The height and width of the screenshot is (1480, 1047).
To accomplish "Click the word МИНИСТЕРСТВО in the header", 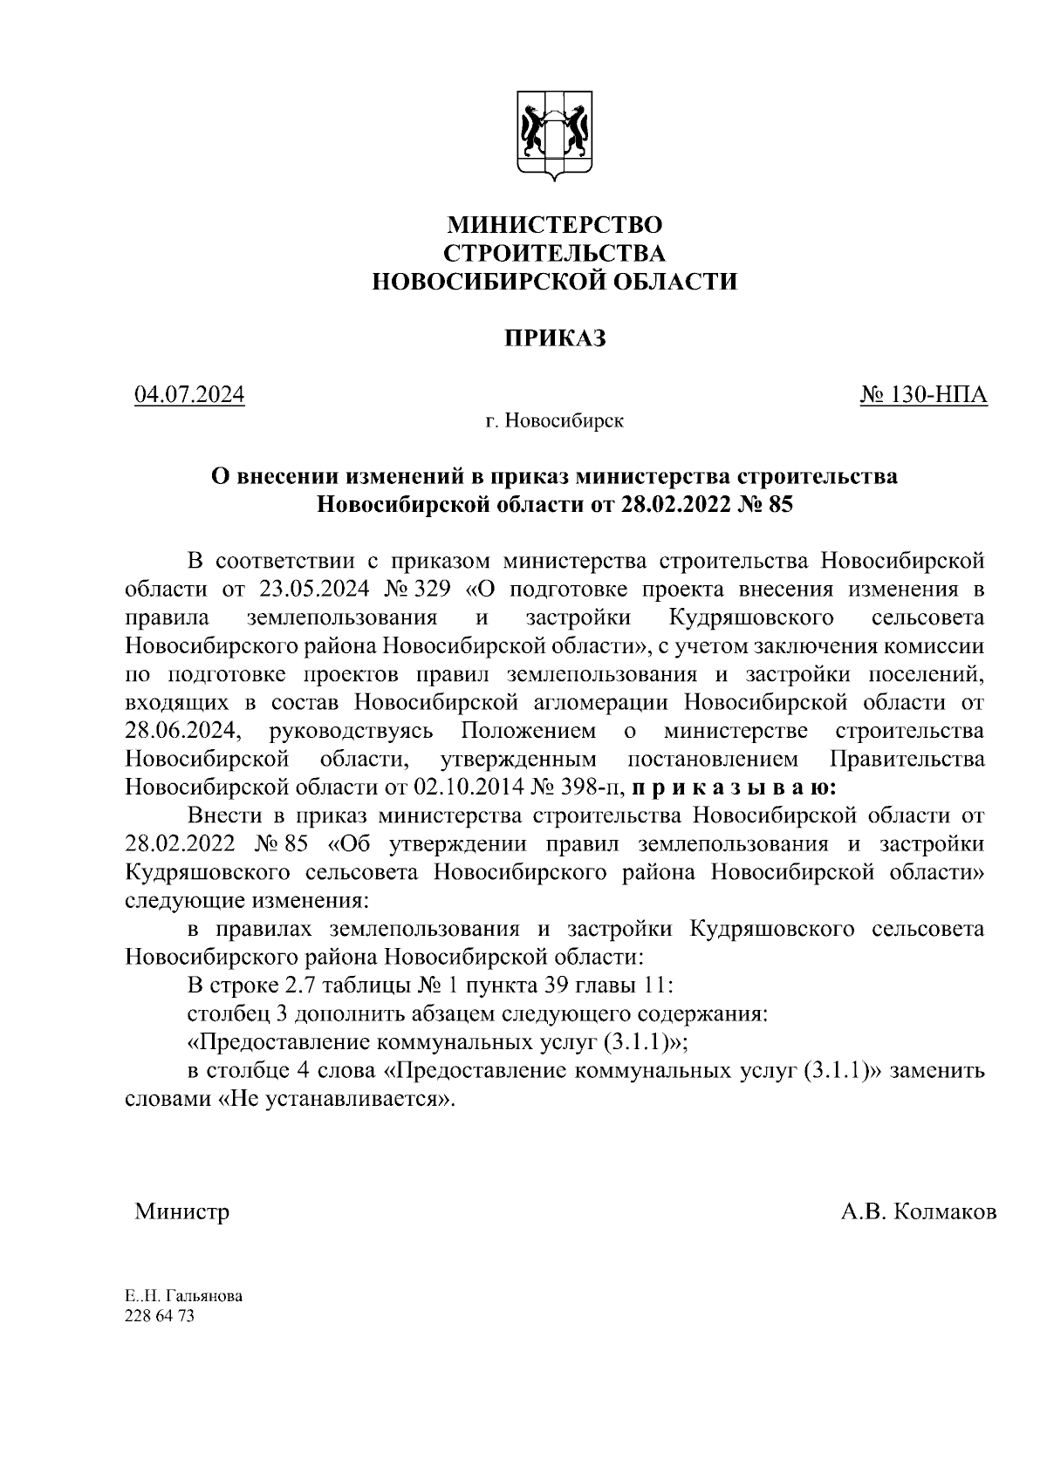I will [555, 225].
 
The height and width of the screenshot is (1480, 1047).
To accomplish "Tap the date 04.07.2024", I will [189, 396].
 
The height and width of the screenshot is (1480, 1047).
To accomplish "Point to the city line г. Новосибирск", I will [555, 422].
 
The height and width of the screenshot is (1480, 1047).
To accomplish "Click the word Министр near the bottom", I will [181, 1212].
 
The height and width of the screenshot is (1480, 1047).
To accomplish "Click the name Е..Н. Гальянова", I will [184, 1296].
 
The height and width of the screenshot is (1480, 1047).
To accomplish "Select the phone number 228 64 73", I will [160, 1317].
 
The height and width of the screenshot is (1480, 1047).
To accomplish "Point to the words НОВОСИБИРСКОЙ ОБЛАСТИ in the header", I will [555, 282].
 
